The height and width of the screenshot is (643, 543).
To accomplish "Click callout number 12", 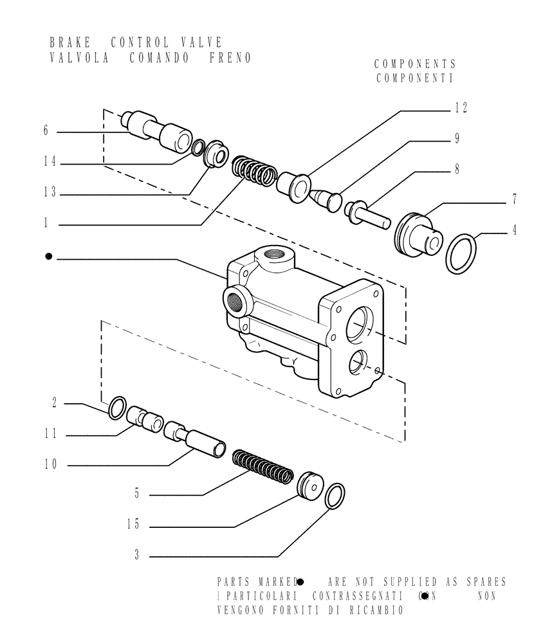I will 461,108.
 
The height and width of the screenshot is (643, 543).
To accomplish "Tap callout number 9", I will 456,138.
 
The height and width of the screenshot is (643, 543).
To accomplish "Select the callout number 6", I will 46,131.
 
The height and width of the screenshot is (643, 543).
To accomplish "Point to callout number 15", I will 133,525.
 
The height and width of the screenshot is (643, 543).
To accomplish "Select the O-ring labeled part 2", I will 116,408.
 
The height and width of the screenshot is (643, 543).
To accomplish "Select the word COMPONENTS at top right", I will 415,64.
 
